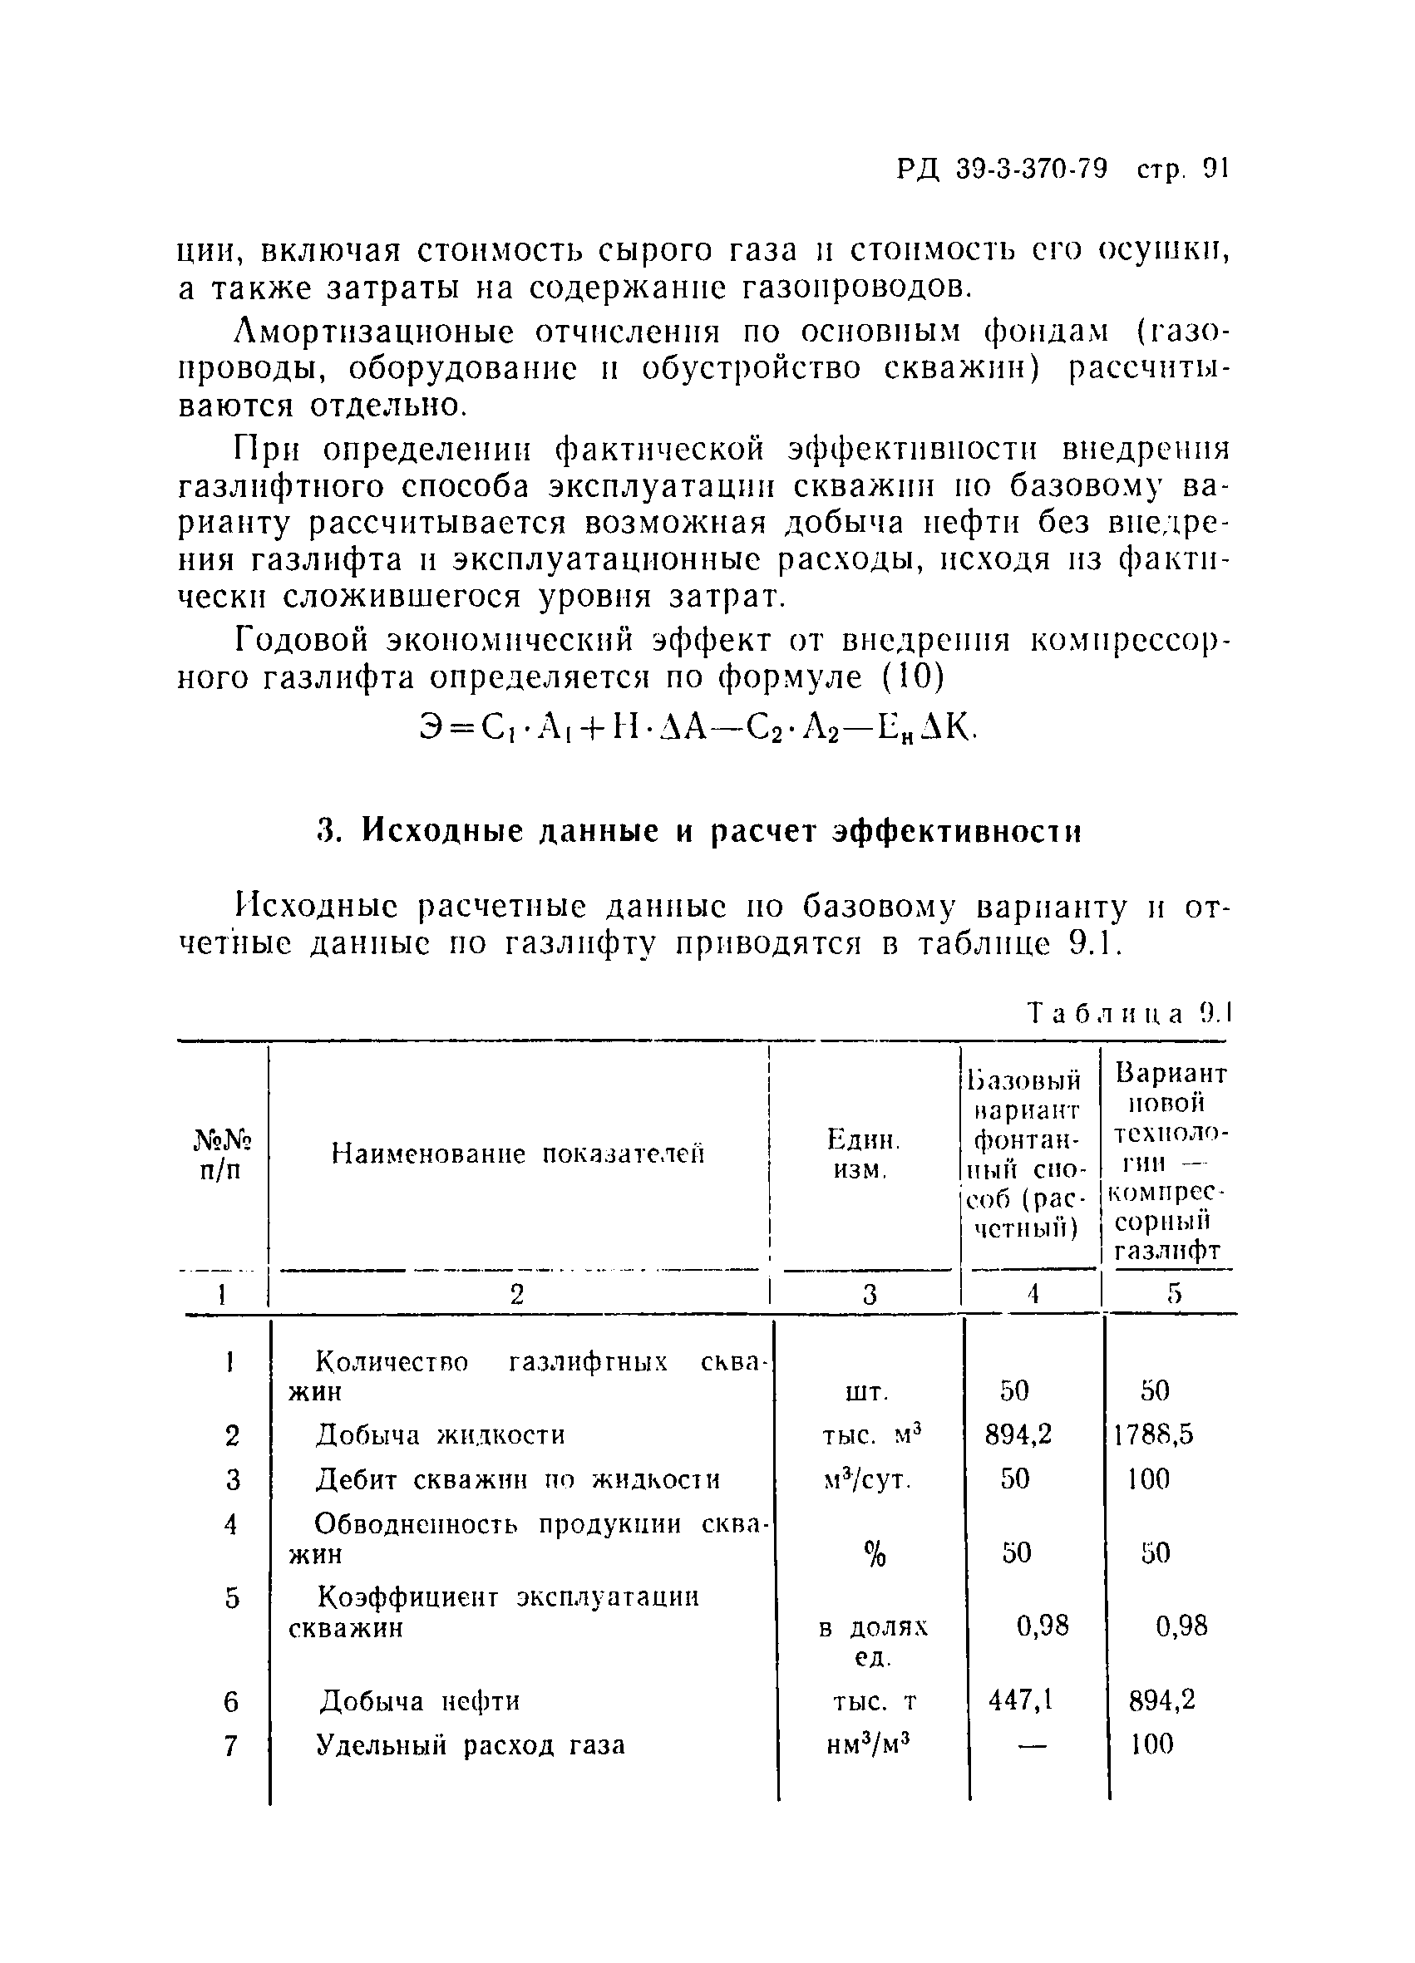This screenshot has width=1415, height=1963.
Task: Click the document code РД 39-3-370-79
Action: [x=1002, y=169]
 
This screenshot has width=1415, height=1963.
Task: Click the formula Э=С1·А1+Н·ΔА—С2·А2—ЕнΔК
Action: [x=698, y=730]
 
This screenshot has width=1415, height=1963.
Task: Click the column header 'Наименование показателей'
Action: [x=518, y=1154]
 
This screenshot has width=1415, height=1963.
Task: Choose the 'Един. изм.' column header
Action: [x=862, y=1154]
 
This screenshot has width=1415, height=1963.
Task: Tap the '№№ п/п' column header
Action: [x=222, y=1154]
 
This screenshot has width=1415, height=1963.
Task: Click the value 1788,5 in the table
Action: [x=1153, y=1435]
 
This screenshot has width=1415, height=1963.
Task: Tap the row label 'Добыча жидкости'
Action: [x=440, y=1435]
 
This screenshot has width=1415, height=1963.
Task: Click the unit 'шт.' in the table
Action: [x=865, y=1392]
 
